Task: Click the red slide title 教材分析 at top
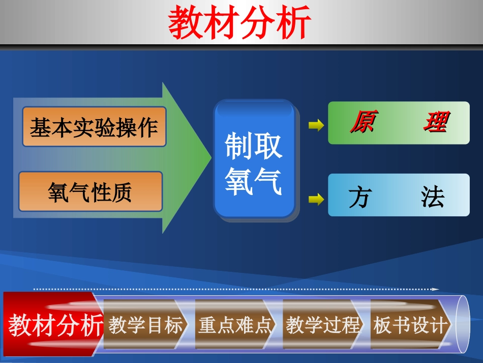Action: pos(239,23)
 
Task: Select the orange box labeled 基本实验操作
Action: pos(94,127)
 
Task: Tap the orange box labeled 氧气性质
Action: pos(90,192)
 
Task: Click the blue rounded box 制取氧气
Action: pos(254,159)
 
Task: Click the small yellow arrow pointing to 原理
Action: pos(316,125)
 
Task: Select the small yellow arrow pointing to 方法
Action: pos(316,199)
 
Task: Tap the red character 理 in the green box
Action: pos(435,123)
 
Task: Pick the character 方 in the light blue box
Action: pos(359,197)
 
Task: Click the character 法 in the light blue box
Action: pos(433,197)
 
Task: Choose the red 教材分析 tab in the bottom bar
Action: pos(55,325)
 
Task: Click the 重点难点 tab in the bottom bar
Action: pos(235,325)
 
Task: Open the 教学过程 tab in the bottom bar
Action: pos(323,325)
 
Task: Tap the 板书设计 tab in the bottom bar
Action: pos(411,325)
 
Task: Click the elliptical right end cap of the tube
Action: pos(463,325)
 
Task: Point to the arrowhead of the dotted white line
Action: pos(436,289)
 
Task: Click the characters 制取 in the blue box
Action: pos(254,146)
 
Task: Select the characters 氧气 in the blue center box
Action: pos(254,181)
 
